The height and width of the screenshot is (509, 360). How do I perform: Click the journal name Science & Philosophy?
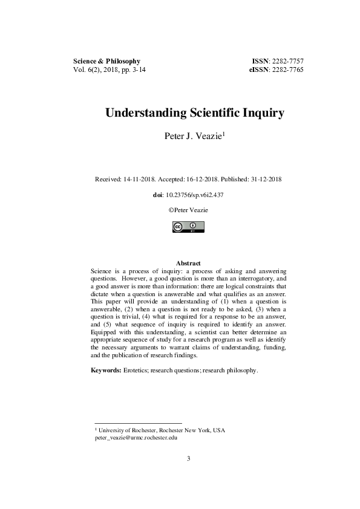point(106,61)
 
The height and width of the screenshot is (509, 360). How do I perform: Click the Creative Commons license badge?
point(188,227)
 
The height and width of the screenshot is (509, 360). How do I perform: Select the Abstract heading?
point(188,264)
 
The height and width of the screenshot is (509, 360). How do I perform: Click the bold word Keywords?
point(106,369)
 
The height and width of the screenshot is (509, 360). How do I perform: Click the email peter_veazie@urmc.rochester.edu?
point(136,438)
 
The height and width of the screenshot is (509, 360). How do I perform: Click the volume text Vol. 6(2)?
point(85,70)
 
